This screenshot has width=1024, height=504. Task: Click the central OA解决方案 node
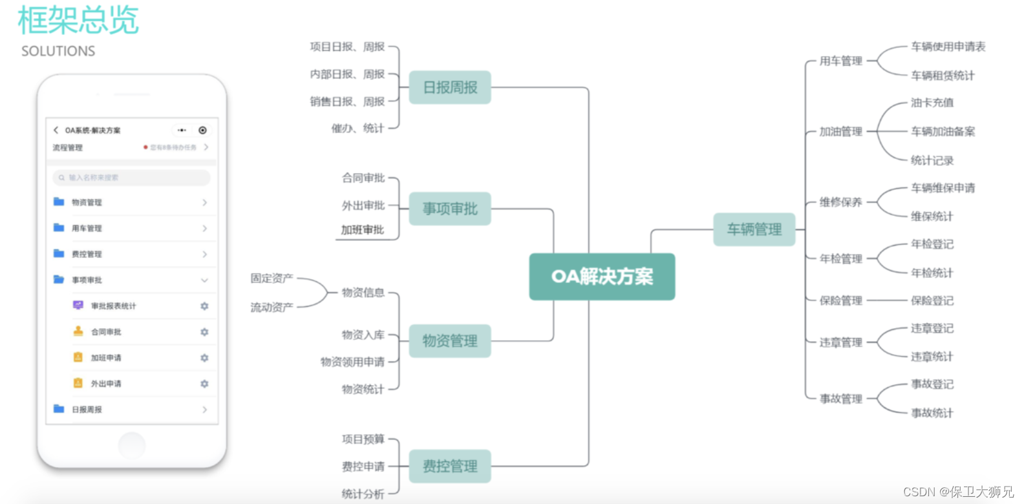[602, 277]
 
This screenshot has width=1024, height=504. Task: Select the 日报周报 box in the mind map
[450, 87]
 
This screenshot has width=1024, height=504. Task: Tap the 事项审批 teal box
[450, 209]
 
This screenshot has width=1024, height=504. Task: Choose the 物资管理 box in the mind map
[450, 341]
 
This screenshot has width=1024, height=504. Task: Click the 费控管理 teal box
[450, 467]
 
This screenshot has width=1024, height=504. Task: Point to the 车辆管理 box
[754, 229]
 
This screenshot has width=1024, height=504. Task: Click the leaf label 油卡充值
[932, 103]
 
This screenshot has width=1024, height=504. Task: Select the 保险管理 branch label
[840, 300]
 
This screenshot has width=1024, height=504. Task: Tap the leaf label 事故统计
[932, 413]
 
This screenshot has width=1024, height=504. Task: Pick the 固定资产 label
[272, 278]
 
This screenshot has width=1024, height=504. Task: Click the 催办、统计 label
[357, 129]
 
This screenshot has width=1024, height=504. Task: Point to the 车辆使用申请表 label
[948, 47]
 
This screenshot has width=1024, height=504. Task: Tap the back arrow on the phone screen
[56, 130]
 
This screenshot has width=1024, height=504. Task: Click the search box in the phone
[132, 177]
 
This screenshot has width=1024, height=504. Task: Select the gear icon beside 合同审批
[204, 332]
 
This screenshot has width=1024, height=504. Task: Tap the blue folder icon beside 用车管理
[59, 227]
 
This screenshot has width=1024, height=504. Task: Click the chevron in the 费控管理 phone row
[204, 254]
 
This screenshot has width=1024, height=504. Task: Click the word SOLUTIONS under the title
[58, 51]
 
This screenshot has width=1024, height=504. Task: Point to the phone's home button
[132, 445]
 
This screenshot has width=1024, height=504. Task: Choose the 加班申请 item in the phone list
[106, 358]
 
